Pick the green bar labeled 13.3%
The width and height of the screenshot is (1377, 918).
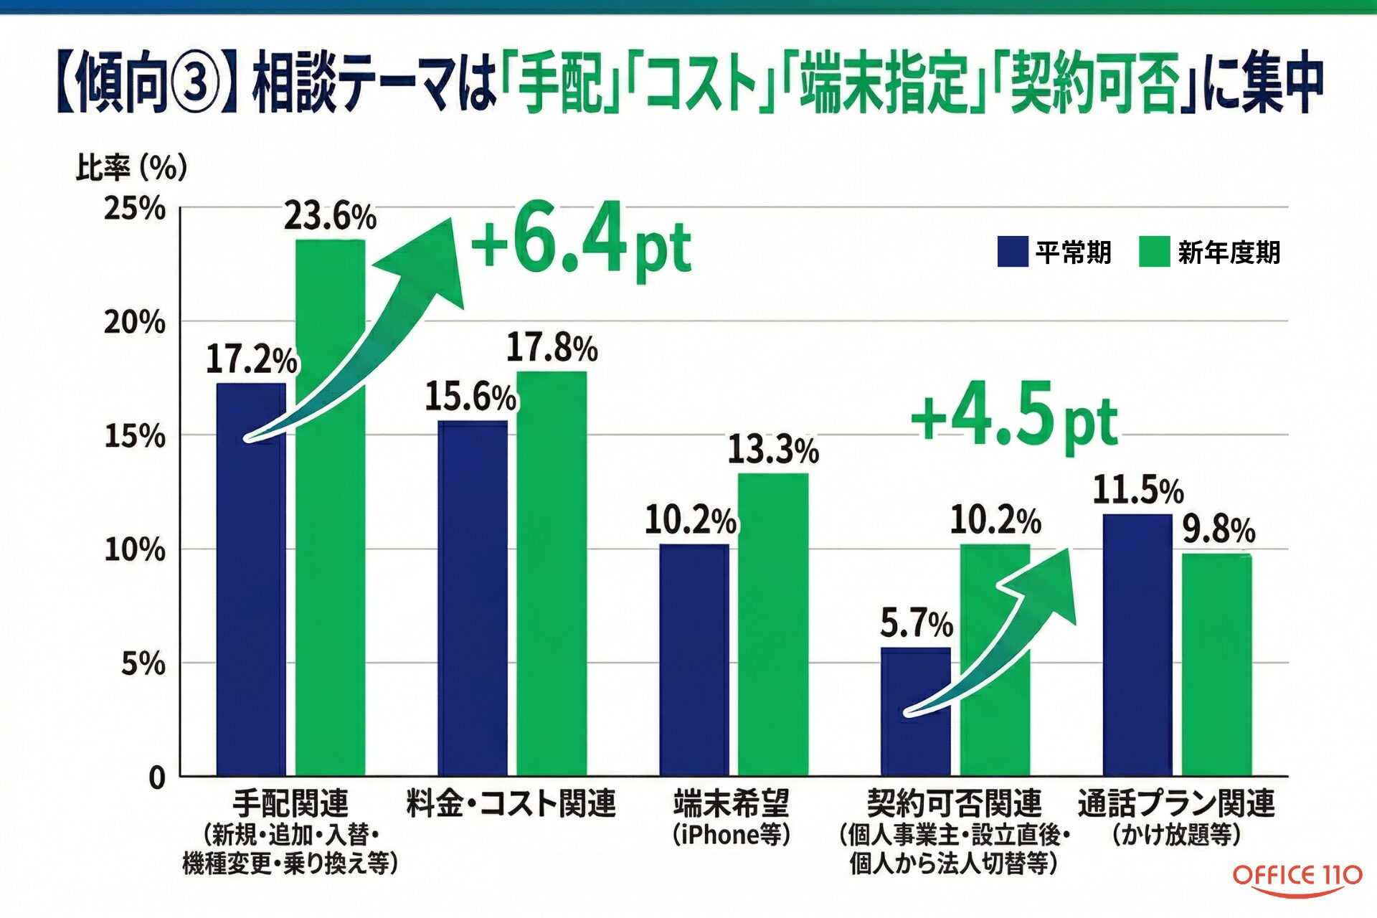coord(773,624)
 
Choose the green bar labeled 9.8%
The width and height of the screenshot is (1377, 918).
coord(1217,663)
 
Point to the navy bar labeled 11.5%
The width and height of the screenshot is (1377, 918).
coord(1137,645)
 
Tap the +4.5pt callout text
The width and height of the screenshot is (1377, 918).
coord(1014,420)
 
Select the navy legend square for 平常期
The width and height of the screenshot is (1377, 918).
coord(1012,252)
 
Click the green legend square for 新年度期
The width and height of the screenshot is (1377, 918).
coord(1154,252)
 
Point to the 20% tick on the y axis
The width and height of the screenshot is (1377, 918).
coord(135,322)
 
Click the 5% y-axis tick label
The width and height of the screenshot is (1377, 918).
coord(143,663)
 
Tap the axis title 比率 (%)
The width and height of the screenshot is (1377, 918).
coord(131,168)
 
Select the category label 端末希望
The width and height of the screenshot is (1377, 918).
coord(731,803)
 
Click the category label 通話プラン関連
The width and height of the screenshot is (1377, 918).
coord(1176,803)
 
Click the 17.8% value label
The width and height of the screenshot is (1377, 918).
coord(552,348)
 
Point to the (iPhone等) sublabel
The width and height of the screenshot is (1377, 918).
coord(731,835)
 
